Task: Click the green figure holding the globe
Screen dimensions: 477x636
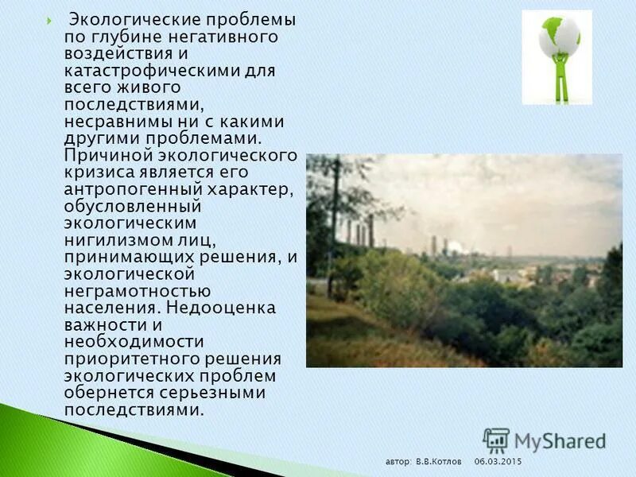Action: pyautogui.click(x=561, y=79)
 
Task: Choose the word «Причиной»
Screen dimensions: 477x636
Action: pyautogui.click(x=101, y=154)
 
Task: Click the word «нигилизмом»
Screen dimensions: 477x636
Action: pyautogui.click(x=116, y=239)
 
